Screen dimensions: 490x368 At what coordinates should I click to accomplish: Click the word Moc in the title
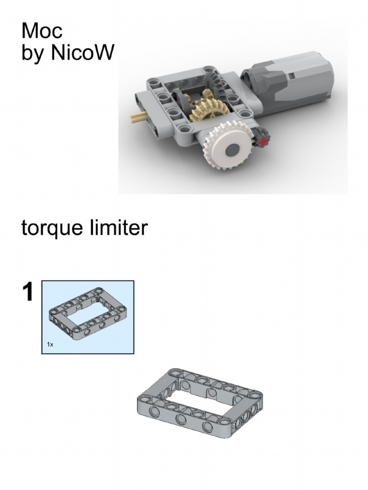coord(42,31)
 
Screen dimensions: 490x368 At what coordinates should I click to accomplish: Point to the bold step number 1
coord(28,292)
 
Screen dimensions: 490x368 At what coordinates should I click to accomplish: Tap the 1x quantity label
coord(50,344)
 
